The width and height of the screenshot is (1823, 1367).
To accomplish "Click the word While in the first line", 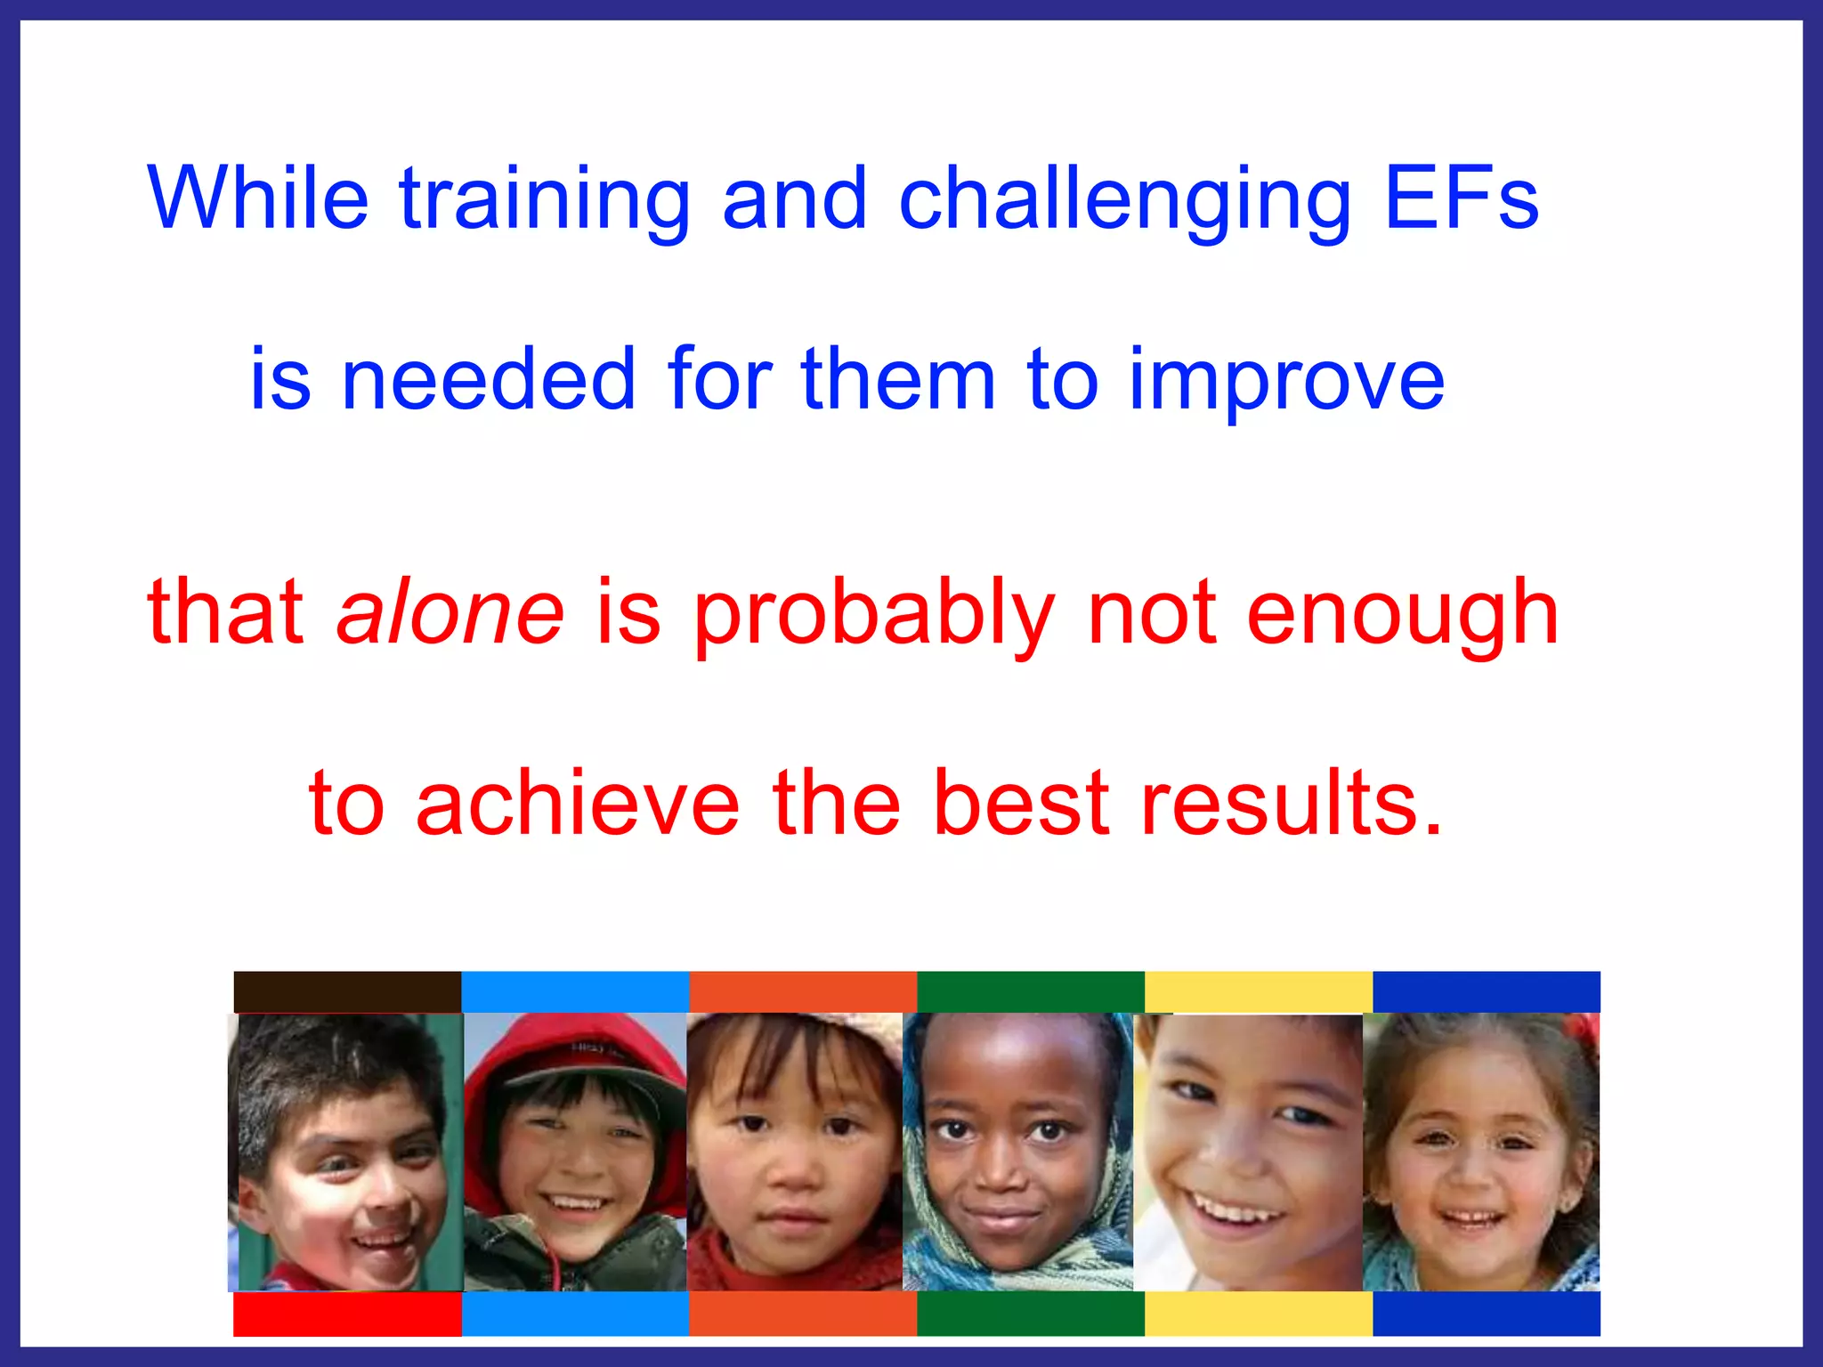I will [257, 198].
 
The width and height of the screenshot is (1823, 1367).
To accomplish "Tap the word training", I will [544, 201].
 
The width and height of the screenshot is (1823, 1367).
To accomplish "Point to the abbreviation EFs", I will [1461, 198].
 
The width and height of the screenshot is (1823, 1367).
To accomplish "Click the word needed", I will [489, 380].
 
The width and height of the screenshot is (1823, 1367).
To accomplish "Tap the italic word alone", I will [450, 612].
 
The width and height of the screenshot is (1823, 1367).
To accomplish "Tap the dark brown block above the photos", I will [347, 991].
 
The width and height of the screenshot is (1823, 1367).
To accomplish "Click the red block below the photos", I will [347, 1314].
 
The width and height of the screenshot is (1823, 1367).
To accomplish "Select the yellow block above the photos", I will [1258, 991].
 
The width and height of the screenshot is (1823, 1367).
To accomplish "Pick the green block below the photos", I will [1030, 1314].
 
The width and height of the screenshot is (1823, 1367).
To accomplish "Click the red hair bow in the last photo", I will [1584, 1029].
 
